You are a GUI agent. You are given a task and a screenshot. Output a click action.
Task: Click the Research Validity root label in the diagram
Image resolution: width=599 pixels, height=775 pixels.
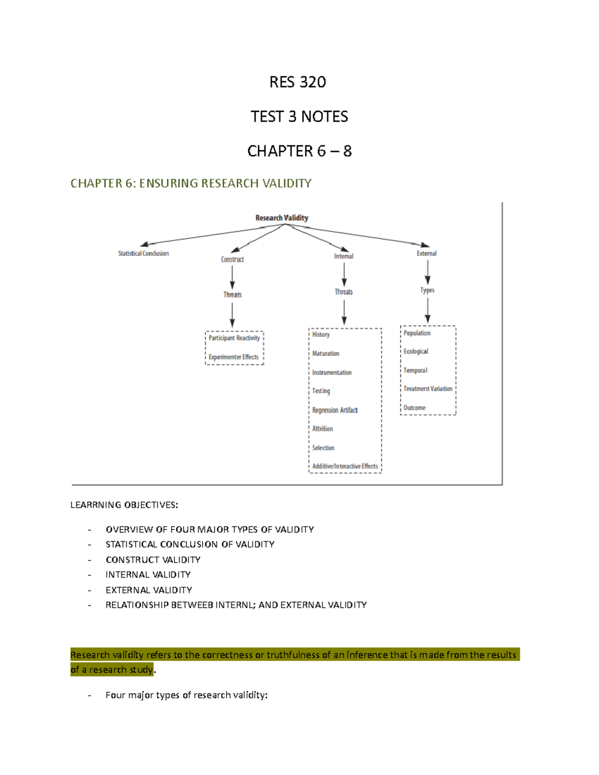(282, 218)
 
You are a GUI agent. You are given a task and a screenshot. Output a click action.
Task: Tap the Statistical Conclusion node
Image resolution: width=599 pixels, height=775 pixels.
(143, 254)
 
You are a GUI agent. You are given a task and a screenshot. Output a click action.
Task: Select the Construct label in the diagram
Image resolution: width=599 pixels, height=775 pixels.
(232, 259)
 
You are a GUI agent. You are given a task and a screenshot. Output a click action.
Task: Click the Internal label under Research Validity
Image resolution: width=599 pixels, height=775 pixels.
(343, 256)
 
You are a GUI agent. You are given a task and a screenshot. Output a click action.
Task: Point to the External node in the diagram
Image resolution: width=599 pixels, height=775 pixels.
(426, 254)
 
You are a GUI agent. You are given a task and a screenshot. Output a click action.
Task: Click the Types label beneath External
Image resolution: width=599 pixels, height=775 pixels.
(427, 290)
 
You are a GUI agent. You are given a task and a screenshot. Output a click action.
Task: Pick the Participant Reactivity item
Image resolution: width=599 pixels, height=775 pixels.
(234, 338)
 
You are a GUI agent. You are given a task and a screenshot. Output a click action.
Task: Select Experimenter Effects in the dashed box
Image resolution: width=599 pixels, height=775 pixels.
(234, 357)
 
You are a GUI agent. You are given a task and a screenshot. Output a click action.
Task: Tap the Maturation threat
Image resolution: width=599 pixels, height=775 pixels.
(325, 353)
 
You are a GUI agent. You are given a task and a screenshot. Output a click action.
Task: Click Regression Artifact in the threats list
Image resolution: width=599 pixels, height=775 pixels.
(335, 410)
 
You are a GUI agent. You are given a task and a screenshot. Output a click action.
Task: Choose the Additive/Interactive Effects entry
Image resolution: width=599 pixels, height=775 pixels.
(345, 466)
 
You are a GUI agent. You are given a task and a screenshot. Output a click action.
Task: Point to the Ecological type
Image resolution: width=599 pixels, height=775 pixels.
(416, 351)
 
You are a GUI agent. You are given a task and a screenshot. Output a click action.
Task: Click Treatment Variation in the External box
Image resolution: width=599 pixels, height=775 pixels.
(428, 389)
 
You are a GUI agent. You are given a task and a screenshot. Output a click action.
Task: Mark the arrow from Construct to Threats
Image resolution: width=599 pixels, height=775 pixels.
(232, 277)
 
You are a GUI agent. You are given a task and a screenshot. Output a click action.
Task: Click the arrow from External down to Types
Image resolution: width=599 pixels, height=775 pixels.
(427, 272)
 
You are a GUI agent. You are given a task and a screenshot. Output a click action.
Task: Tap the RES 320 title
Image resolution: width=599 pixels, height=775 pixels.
(298, 82)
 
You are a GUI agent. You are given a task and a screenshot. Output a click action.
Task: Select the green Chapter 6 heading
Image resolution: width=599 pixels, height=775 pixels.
(191, 183)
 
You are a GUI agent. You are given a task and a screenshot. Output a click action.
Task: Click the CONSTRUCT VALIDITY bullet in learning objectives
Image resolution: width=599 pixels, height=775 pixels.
(153, 559)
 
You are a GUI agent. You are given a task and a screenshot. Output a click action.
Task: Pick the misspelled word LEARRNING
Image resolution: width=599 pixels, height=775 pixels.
(96, 505)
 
